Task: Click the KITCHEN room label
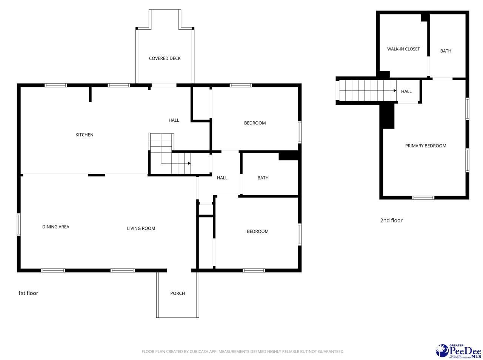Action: click(84, 135)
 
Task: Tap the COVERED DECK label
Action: click(165, 58)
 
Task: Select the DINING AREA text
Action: click(55, 227)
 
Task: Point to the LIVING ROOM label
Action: click(141, 228)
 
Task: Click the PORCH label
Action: click(177, 293)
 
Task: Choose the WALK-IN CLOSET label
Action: click(403, 49)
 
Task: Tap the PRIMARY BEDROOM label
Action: click(426, 146)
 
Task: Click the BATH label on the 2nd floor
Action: click(446, 51)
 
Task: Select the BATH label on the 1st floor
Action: click(263, 178)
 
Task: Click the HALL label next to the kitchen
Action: click(174, 120)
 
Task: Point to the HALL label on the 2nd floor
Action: click(406, 91)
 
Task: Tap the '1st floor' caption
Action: click(28, 293)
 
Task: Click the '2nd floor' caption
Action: click(391, 221)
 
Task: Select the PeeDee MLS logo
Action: click(459, 351)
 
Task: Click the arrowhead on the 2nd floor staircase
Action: click(395, 91)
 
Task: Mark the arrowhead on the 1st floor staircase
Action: click(189, 163)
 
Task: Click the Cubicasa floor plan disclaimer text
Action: click(243, 352)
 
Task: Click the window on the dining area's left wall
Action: click(18, 225)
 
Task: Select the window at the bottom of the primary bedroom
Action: click(423, 198)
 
